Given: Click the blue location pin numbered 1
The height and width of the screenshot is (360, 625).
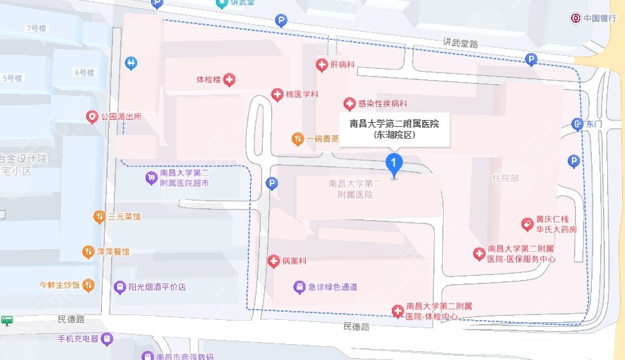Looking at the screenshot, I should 393,164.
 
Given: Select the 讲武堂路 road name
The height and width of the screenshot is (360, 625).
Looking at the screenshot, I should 461,43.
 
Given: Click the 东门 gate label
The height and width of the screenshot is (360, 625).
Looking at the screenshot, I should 593,124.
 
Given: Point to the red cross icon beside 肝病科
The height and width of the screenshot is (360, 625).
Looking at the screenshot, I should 321,65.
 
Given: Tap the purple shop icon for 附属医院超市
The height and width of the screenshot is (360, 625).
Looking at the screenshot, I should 150,179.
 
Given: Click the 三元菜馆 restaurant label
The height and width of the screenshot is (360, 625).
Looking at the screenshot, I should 124,217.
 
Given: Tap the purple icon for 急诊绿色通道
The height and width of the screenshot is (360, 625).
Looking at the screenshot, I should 299,286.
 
